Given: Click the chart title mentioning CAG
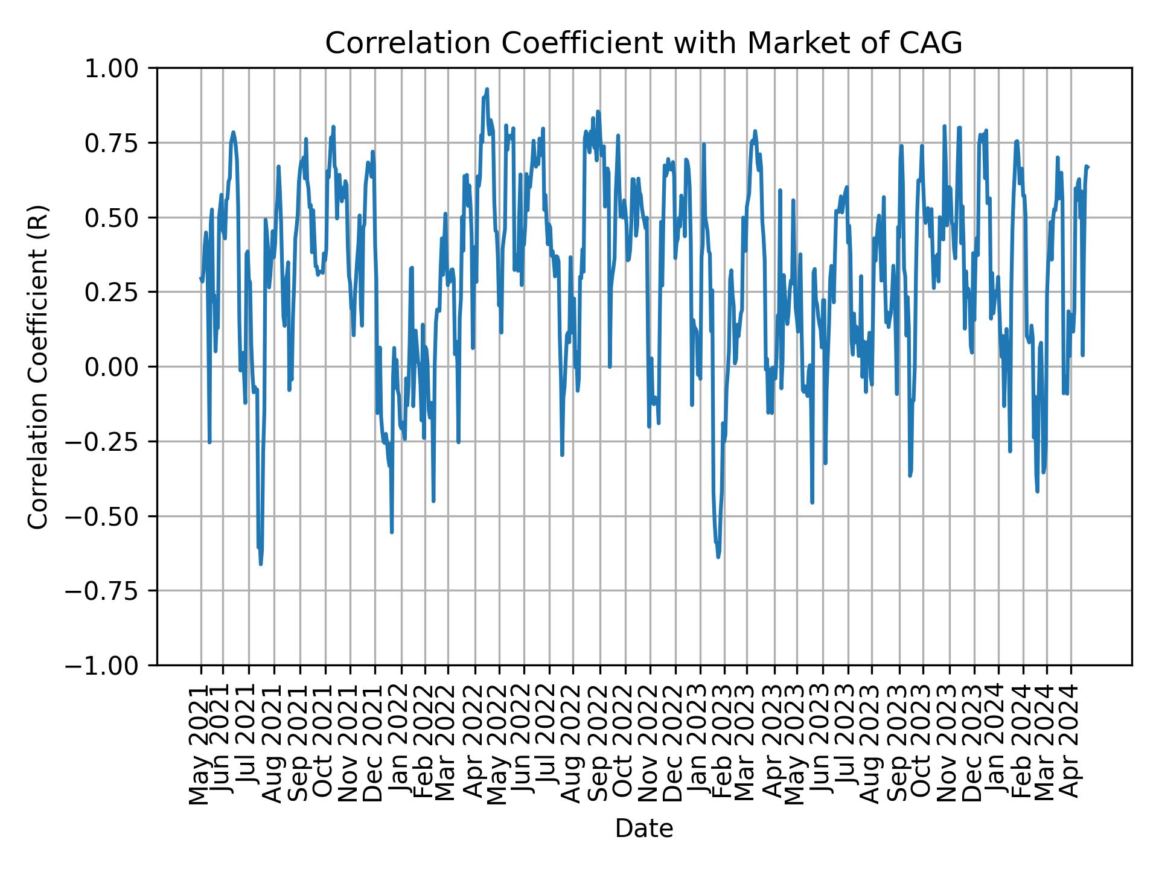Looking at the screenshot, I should tap(643, 43).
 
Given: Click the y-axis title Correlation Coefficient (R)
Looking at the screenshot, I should tap(38, 366).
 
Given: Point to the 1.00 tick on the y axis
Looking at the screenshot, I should tap(120, 68).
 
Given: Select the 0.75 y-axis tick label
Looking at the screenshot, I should tap(120, 143).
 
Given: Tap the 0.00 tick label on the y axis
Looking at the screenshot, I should tap(120, 367).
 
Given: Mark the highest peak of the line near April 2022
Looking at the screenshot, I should tap(487, 89).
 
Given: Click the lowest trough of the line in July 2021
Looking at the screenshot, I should tap(261, 564).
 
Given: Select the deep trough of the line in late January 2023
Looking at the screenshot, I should tap(718, 556).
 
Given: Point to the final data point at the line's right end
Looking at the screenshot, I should tap(1088, 167).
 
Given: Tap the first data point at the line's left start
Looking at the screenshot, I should tap(200, 278).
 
